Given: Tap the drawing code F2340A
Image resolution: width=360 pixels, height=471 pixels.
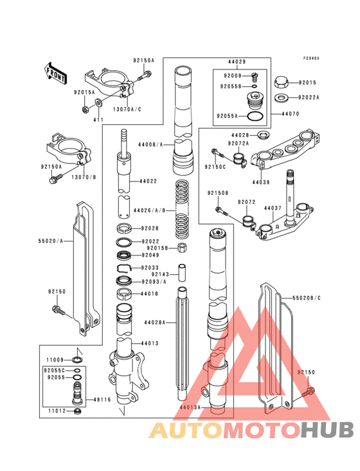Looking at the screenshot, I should pyautogui.click(x=312, y=58).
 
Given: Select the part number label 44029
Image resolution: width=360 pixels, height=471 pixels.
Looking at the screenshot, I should pyautogui.click(x=236, y=62).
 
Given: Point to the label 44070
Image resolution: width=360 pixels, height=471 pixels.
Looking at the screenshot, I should pyautogui.click(x=291, y=113).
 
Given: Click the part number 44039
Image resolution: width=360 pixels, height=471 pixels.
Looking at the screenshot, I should pyautogui.click(x=261, y=182).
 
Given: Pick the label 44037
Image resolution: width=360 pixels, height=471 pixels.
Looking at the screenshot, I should pyautogui.click(x=273, y=208).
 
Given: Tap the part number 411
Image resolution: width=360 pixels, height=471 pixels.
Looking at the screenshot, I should pyautogui.click(x=98, y=120).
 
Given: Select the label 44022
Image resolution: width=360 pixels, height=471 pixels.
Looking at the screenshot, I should pyautogui.click(x=148, y=181).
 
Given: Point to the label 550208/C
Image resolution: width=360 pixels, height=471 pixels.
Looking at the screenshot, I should pyautogui.click(x=307, y=299).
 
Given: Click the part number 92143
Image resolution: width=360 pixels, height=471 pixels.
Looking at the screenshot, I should pyautogui.click(x=160, y=274).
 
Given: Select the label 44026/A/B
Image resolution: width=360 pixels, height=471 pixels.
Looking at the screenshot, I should pyautogui.click(x=148, y=210).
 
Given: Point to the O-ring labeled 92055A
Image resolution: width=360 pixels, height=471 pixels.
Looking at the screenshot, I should pyautogui.click(x=255, y=116).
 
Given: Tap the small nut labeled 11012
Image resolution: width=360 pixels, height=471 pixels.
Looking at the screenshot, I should pyautogui.click(x=78, y=411).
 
